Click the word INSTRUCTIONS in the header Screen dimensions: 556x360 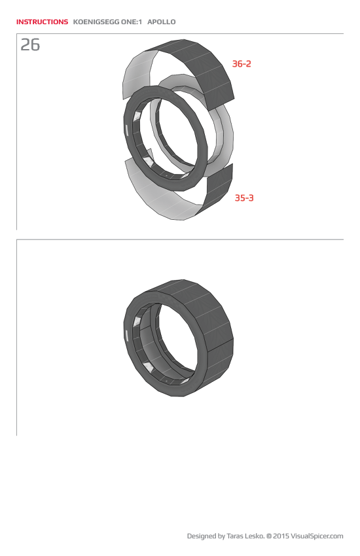click(42, 22)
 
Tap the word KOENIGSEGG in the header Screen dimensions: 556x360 click(96, 22)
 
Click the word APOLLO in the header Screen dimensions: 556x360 click(162, 22)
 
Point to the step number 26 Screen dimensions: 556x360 click(30, 45)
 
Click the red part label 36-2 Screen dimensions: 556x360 click(242, 64)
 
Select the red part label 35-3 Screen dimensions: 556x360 click(244, 198)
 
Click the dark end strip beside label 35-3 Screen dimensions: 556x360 click(219, 190)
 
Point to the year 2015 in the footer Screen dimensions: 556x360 click(281, 536)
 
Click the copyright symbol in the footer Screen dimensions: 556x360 click(269, 536)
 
